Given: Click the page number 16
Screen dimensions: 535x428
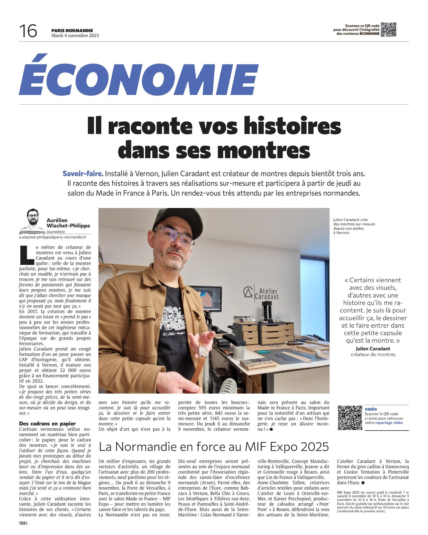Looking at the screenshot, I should point(28,31).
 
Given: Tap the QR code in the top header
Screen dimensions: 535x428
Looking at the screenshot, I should point(389,29).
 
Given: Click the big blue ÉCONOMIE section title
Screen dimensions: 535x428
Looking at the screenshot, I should point(138,76).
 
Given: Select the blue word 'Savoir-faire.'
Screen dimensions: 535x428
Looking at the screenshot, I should point(83,174).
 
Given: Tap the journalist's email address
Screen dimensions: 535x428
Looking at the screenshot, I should point(52,237).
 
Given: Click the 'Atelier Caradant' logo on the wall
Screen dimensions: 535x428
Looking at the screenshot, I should point(261,292).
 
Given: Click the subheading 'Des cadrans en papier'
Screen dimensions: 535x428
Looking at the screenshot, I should point(47,424).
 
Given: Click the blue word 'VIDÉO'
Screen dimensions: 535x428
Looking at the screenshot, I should point(370,409).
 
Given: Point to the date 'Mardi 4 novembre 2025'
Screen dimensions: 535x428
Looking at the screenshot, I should point(75,35).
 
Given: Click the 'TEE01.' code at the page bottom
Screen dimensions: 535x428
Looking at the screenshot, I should point(23,524).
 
